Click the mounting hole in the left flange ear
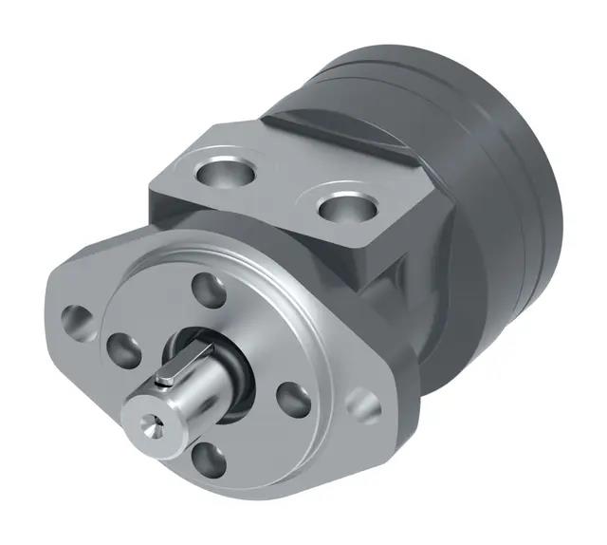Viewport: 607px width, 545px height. [75, 318]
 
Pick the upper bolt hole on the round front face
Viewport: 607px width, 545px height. [210, 289]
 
